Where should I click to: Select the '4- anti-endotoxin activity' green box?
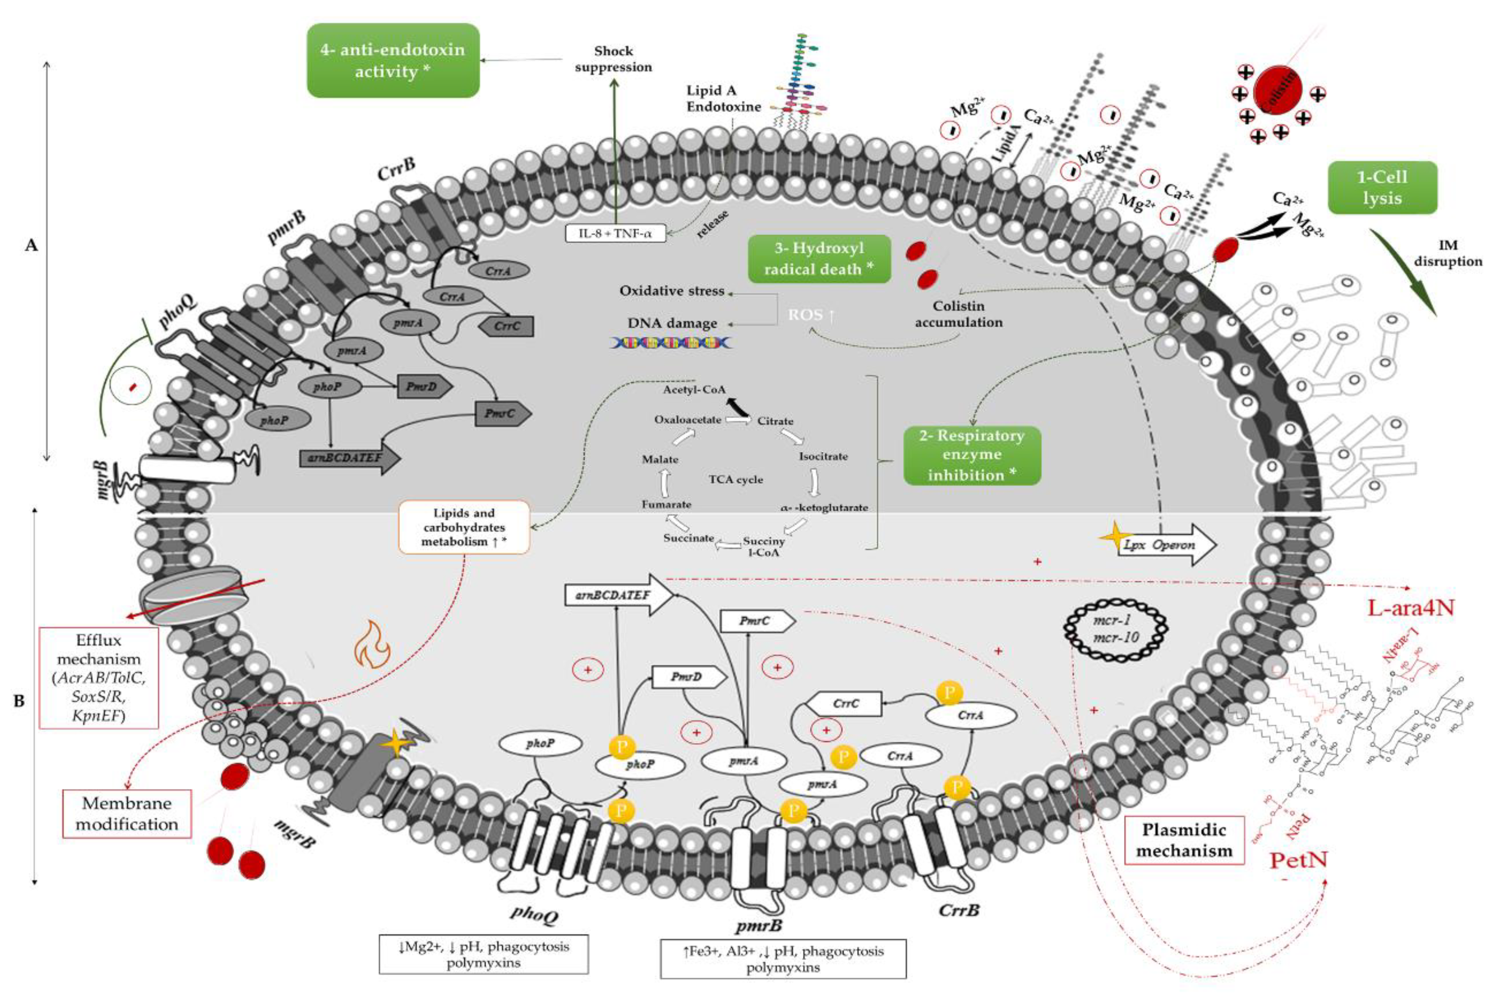click(393, 60)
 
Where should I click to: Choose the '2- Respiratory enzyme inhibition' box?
click(971, 455)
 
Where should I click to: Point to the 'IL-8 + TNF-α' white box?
click(615, 233)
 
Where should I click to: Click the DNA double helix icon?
click(672, 342)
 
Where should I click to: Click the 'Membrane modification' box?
click(126, 813)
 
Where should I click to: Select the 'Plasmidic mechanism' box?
click(1184, 840)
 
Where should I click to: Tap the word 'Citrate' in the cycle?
click(775, 421)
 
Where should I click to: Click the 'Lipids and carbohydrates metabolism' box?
click(464, 527)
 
